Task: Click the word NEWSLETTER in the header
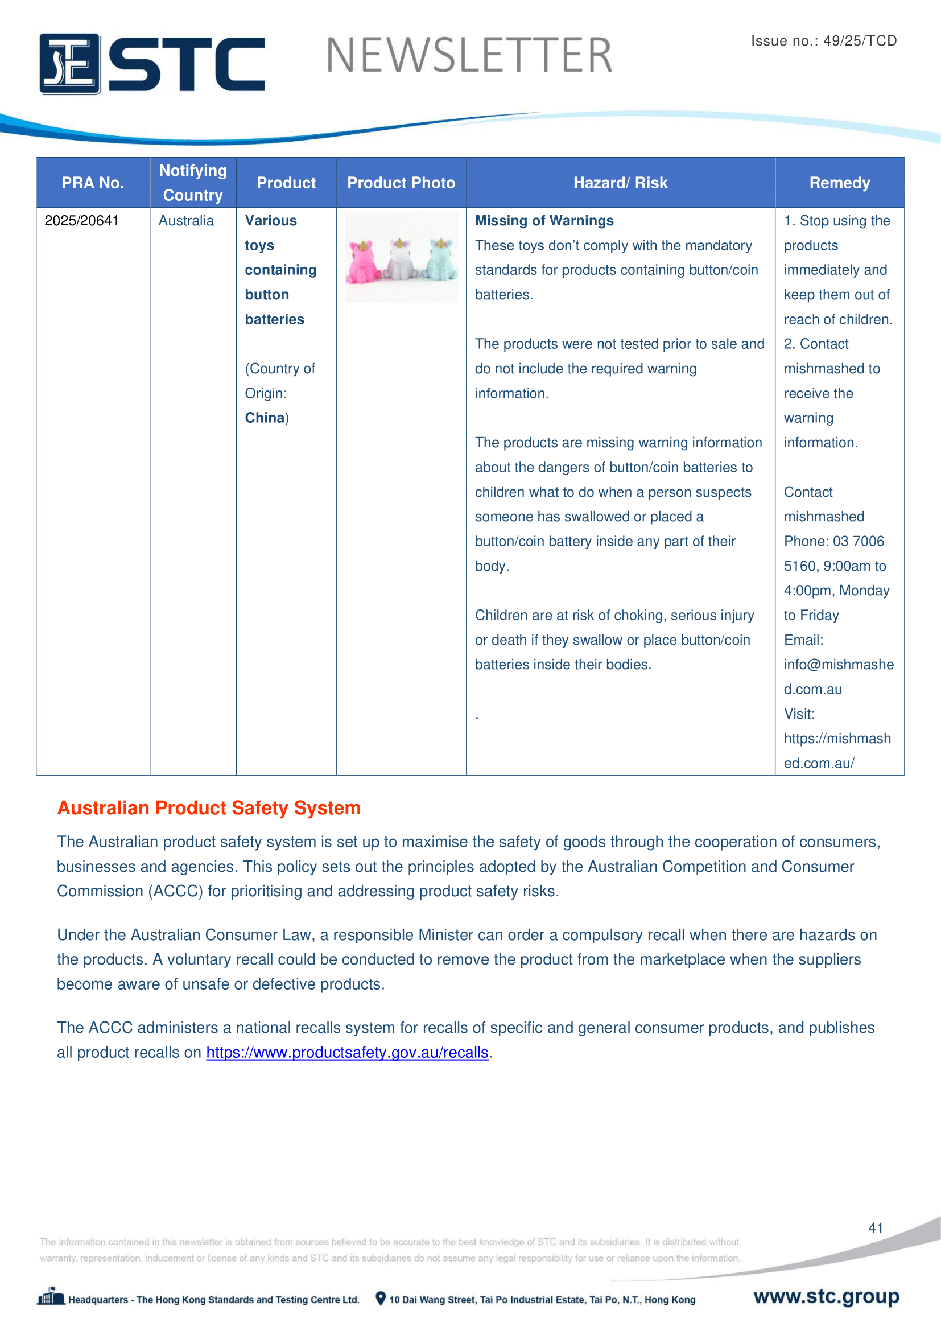tap(469, 56)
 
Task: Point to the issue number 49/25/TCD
tap(823, 40)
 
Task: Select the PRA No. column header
tap(93, 183)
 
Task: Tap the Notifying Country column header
tap(193, 183)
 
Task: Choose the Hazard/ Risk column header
tap(620, 183)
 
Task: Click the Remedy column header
tap(839, 183)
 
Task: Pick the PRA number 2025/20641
tap(82, 221)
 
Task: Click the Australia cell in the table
tap(186, 221)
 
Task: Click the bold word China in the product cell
tap(265, 418)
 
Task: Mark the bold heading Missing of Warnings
tap(544, 221)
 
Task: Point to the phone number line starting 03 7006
tap(834, 541)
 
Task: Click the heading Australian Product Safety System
tap(209, 807)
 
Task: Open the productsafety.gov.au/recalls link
tap(347, 1052)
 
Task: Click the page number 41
tap(875, 1228)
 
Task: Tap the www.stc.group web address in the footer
tap(826, 1296)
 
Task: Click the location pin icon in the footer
tap(381, 1299)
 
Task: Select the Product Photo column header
tap(401, 183)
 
